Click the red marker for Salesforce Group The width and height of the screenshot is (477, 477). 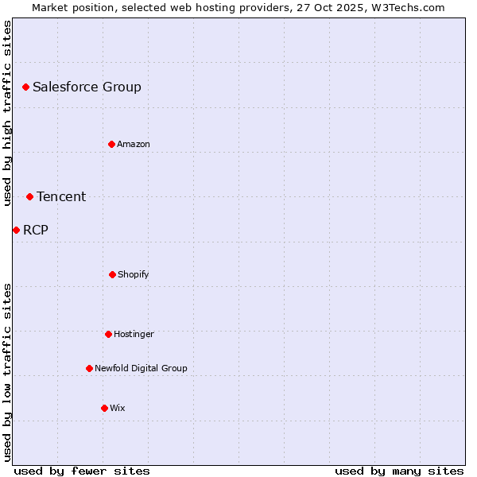click(x=25, y=87)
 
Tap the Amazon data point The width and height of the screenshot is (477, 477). click(x=111, y=144)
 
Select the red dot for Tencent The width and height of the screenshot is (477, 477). click(x=29, y=196)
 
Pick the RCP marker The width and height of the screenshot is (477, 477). click(x=16, y=230)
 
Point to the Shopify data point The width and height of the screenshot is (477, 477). click(x=112, y=274)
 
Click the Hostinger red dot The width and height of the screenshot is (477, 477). click(x=108, y=334)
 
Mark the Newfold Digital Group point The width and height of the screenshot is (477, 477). click(x=89, y=368)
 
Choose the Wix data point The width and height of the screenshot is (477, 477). click(x=104, y=408)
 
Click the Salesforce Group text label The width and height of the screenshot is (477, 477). click(x=87, y=87)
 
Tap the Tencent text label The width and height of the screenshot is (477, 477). click(x=61, y=197)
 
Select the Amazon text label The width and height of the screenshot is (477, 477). click(x=134, y=144)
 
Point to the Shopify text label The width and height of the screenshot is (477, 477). click(x=134, y=274)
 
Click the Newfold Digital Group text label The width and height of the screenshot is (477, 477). click(x=141, y=368)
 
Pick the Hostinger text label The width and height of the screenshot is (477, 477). click(x=134, y=334)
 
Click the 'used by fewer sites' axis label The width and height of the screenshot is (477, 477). click(x=82, y=471)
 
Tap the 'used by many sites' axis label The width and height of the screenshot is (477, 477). click(x=399, y=471)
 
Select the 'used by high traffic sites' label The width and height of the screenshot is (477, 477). click(x=7, y=113)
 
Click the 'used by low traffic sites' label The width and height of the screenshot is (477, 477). click(x=7, y=372)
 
